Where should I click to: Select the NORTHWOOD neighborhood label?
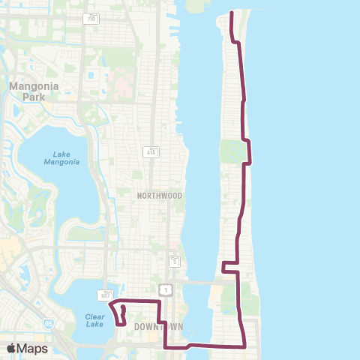coord(160,195)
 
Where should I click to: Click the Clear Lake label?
coord(94,319)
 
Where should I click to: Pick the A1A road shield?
coord(149,151)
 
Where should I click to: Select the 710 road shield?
coord(91,17)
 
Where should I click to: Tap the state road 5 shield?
coord(175,262)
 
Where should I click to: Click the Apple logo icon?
coord(12,348)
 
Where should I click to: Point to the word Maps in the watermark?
coord(34,348)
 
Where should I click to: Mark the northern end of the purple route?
coord(231,13)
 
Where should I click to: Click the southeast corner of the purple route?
coord(245,346)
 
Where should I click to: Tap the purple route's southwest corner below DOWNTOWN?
coord(165,347)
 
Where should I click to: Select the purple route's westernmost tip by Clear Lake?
coord(110,304)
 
